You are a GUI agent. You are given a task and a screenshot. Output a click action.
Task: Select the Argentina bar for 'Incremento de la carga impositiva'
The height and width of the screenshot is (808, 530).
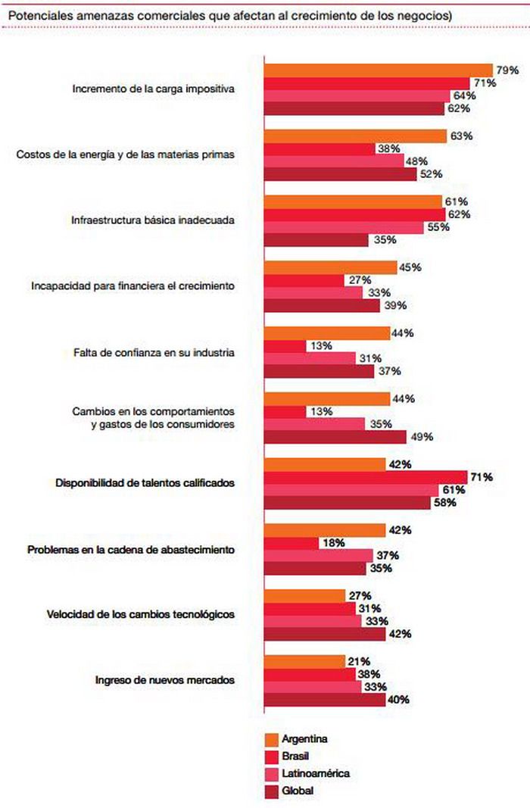tap(378, 70)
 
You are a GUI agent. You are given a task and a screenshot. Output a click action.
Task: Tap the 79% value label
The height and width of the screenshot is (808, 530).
tap(507, 70)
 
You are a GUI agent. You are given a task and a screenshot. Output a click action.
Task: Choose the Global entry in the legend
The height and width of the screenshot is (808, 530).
tap(297, 791)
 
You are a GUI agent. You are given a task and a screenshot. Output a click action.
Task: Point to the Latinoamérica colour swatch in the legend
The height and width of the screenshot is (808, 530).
tap(271, 773)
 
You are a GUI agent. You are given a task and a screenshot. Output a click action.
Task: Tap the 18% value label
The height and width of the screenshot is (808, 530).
tap(334, 543)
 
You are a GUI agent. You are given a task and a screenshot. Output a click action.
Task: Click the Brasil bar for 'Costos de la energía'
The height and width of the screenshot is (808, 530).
tap(319, 148)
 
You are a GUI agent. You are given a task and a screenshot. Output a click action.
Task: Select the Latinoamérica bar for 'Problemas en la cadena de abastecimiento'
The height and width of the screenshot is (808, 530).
tap(317, 555)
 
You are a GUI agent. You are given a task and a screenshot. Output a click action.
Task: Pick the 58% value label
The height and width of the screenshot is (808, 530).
tap(444, 503)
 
